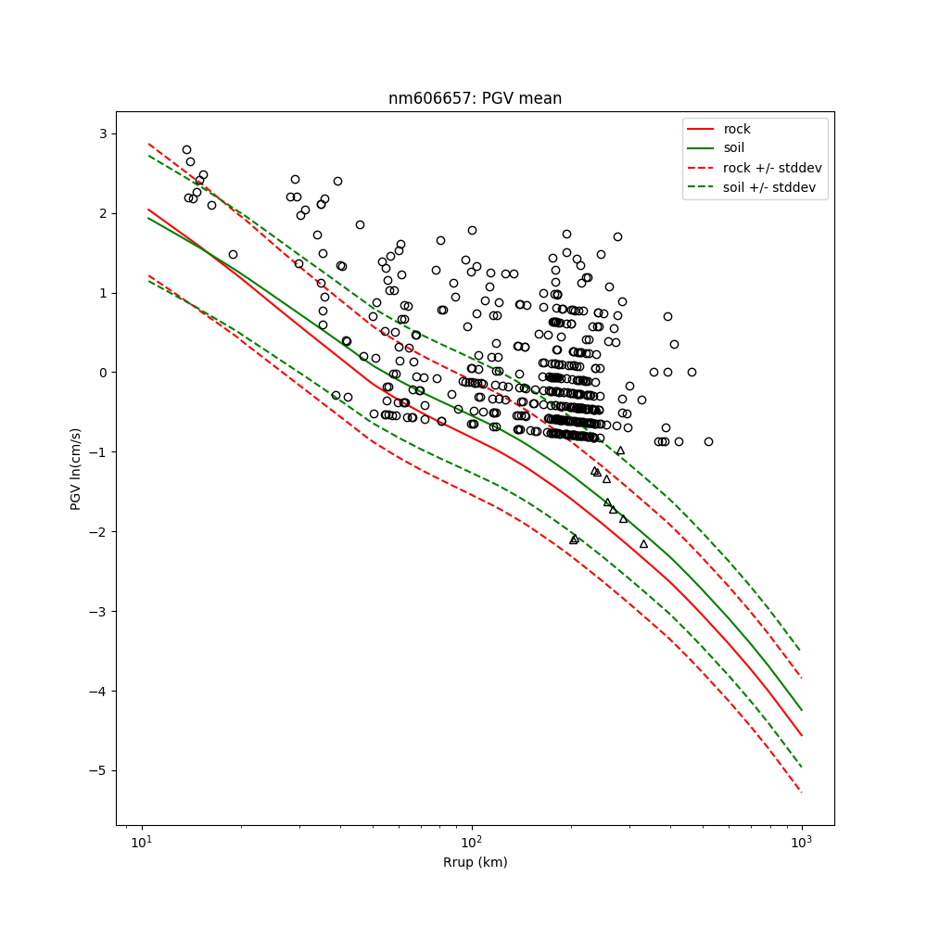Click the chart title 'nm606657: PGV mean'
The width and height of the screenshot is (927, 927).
pyautogui.click(x=475, y=98)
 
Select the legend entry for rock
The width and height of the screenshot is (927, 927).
pyautogui.click(x=737, y=129)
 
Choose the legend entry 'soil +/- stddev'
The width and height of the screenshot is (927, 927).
pyautogui.click(x=769, y=186)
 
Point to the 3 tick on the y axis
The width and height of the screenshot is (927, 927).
pyautogui.click(x=102, y=133)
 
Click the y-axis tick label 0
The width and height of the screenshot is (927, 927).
pyautogui.click(x=102, y=373)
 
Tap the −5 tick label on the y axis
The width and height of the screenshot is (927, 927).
pyautogui.click(x=98, y=770)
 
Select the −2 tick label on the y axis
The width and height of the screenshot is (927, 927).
pyautogui.click(x=98, y=532)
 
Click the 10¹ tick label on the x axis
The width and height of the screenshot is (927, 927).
pyautogui.click(x=141, y=843)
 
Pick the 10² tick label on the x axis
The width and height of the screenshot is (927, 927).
pyautogui.click(x=472, y=843)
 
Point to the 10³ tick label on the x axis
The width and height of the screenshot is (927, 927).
pyautogui.click(x=802, y=843)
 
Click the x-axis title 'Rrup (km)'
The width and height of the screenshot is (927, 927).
pyautogui.click(x=475, y=862)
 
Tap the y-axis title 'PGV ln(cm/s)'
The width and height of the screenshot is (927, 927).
pyautogui.click(x=76, y=468)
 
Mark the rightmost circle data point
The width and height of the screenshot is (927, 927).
pyautogui.click(x=708, y=441)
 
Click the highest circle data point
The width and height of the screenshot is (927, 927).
pyautogui.click(x=186, y=149)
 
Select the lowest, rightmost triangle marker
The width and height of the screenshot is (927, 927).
pyautogui.click(x=643, y=543)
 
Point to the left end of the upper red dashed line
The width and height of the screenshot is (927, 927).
pyautogui.click(x=148, y=144)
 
